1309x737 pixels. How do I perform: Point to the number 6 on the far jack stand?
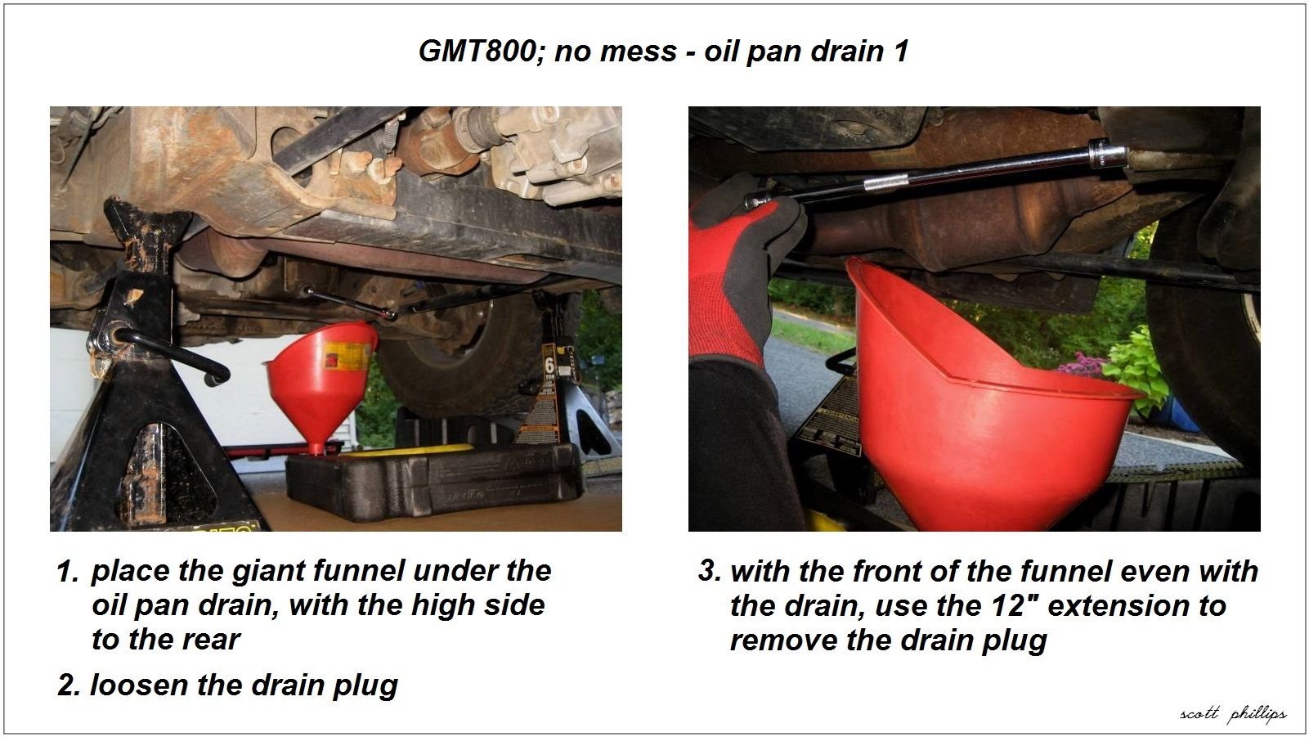click(549, 362)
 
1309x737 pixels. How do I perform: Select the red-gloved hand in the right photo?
click(736, 262)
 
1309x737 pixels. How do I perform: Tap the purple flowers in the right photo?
click(1083, 365)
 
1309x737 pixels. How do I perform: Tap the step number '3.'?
click(709, 571)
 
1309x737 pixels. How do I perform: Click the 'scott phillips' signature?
click(1232, 714)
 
